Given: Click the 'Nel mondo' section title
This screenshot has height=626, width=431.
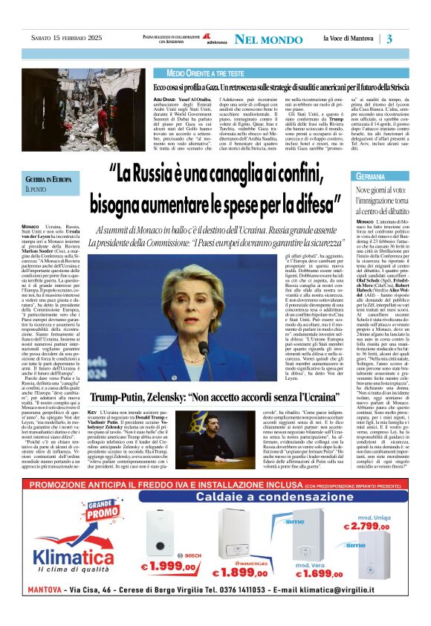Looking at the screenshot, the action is [267, 39].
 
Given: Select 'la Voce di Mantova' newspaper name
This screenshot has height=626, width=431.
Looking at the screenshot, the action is [349, 39].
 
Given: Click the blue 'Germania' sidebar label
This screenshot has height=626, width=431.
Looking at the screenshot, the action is [372, 177].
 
